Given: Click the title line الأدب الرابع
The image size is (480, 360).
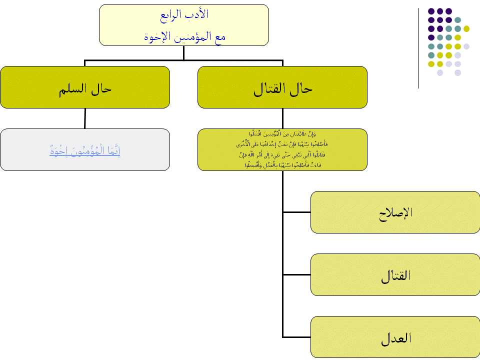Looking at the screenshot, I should pos(184,14).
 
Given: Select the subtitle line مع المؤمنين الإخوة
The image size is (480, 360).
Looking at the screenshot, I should pos(184,37).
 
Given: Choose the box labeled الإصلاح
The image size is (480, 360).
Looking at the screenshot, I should pos(395,212).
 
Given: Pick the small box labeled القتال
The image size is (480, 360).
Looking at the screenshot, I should pos(395,274).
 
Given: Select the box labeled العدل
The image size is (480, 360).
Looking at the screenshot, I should pos(395,337).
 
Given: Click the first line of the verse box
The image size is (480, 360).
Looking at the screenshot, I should pos(282,134).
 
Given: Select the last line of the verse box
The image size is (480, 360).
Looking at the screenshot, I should pos(282,165).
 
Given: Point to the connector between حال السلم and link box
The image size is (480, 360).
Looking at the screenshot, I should pos(85,118).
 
